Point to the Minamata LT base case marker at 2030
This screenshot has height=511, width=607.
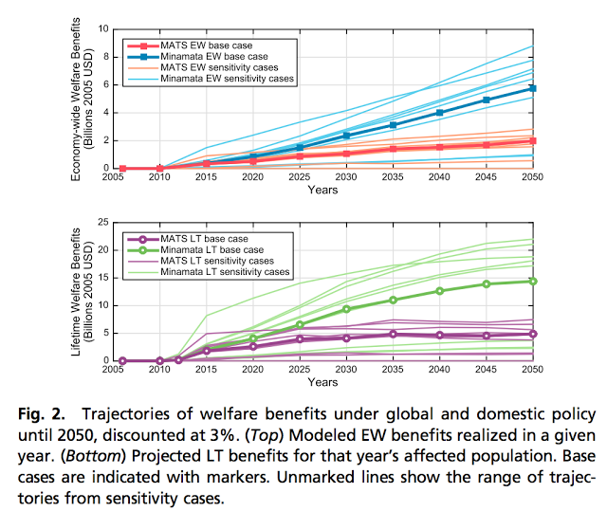click(347, 309)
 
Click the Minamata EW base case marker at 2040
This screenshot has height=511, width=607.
click(439, 113)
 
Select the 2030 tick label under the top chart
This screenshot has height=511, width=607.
click(347, 177)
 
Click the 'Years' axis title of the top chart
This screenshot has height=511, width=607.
click(322, 190)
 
